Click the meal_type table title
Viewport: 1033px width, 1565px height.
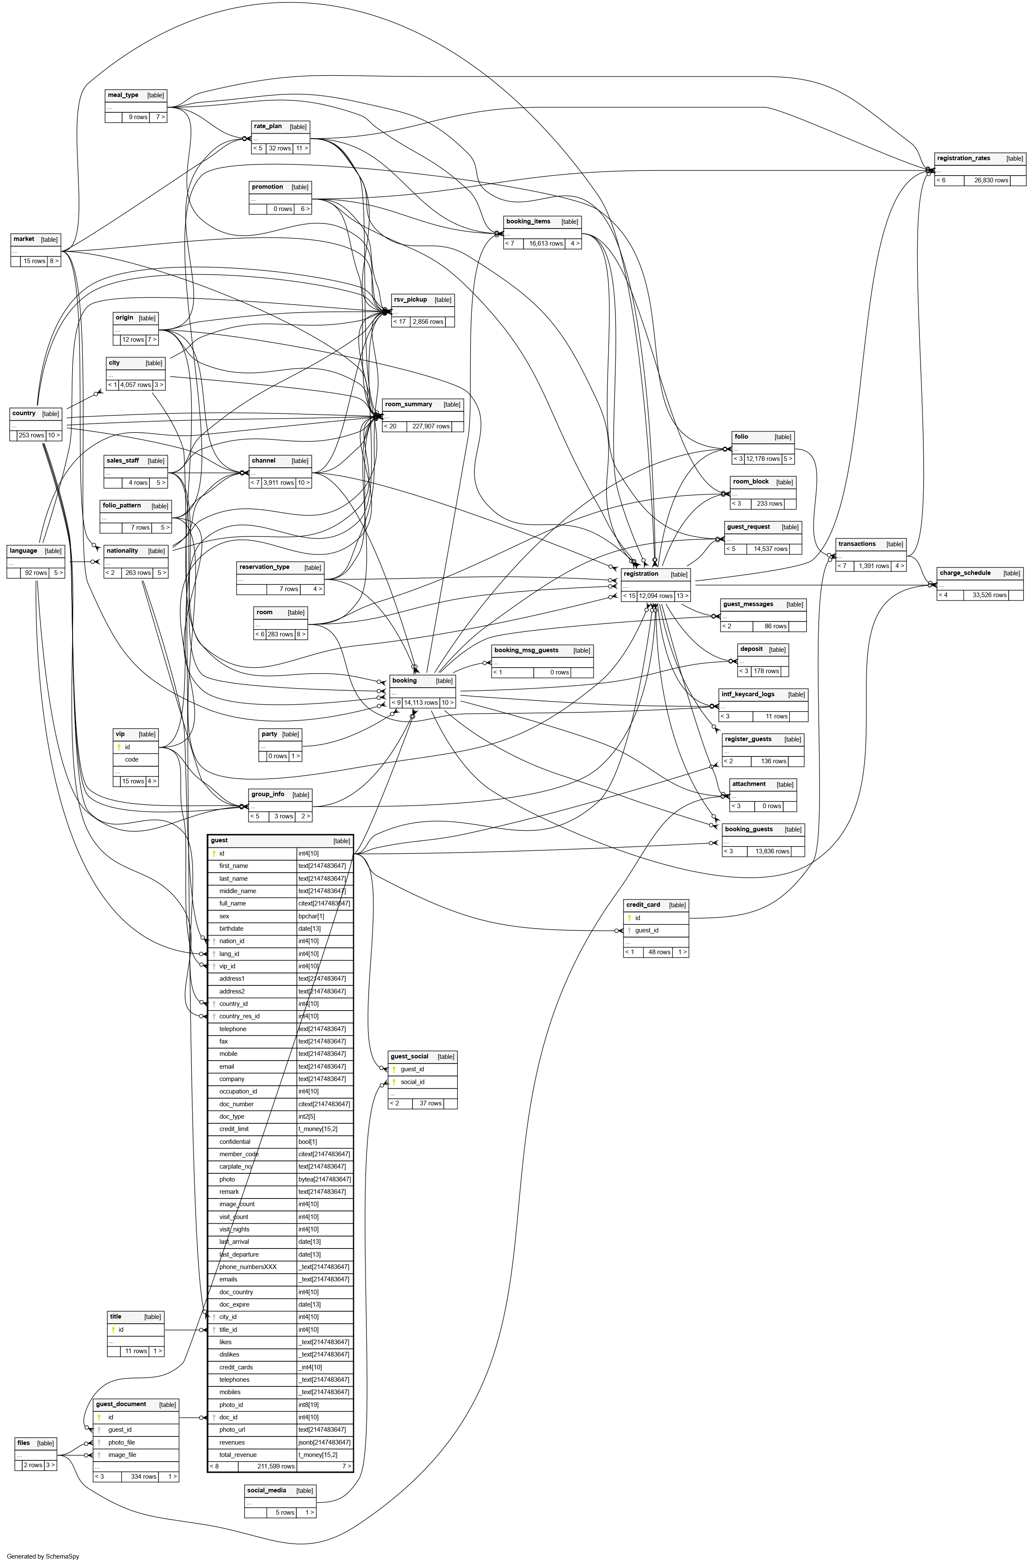[123, 95]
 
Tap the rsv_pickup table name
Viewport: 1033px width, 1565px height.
[410, 300]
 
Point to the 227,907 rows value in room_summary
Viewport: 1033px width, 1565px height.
[431, 426]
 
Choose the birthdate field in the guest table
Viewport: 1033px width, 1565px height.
[231, 929]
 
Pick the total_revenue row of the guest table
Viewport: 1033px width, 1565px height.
[238, 1455]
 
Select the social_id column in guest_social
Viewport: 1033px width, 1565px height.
[413, 1082]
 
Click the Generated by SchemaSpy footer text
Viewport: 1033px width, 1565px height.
[43, 1556]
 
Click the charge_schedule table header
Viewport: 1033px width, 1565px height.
[965, 573]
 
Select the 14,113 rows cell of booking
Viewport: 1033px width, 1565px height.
[421, 703]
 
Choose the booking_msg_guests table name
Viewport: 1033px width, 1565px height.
[527, 651]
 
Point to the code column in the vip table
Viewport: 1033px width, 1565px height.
[132, 760]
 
